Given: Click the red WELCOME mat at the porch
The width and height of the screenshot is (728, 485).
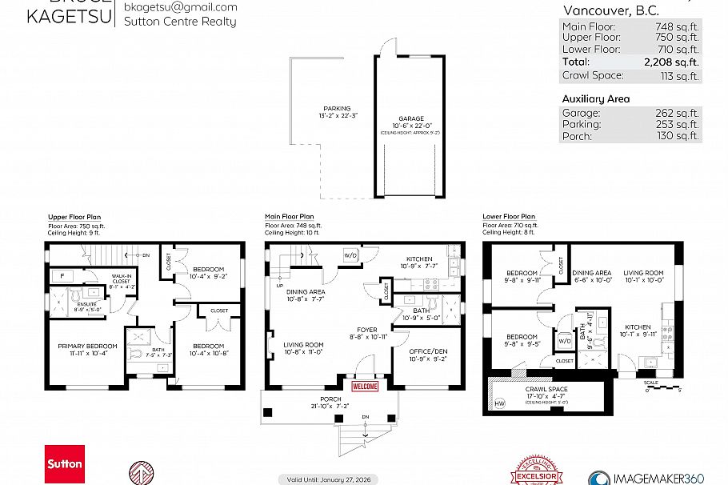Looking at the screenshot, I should click(365, 387).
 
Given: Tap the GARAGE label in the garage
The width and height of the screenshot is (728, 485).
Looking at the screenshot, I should click(411, 118).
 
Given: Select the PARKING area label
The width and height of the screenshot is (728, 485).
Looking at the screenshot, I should click(337, 109).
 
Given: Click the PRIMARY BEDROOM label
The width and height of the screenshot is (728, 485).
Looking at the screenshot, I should click(87, 346).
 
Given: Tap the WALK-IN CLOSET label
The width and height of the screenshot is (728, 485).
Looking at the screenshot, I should click(121, 278).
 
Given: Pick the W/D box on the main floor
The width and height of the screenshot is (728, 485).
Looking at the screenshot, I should click(350, 255).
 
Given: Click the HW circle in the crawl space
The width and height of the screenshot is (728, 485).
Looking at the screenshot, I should click(500, 403).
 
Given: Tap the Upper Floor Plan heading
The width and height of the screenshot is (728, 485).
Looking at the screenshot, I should click(74, 217).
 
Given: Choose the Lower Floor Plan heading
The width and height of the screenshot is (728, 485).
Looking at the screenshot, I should click(509, 216).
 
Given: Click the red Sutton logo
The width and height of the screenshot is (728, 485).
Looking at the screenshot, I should click(65, 464).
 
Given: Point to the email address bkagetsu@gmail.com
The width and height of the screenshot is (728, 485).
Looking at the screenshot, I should click(181, 7).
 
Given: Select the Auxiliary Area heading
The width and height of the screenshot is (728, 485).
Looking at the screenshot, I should click(595, 99).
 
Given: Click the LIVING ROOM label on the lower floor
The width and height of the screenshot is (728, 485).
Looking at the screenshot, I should click(645, 273).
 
